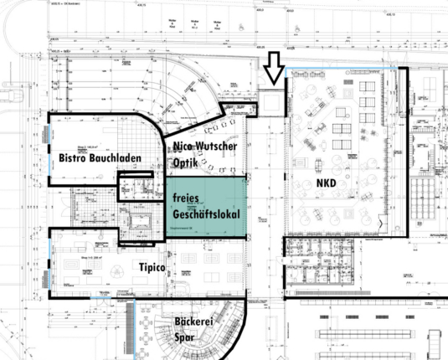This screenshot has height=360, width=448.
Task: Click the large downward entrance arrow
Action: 272,69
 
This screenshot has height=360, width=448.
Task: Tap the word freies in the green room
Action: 189,198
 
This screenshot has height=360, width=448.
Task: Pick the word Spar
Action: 185,337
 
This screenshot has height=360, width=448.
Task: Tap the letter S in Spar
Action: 177,337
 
